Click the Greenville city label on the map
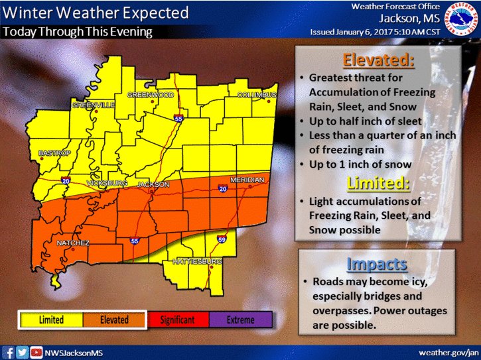(x=94, y=105)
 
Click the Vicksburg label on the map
(x=108, y=183)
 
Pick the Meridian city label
(x=247, y=180)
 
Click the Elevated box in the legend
(x=113, y=320)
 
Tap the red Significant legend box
(x=177, y=320)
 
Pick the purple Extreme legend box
(x=240, y=320)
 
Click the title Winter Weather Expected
(x=96, y=13)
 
